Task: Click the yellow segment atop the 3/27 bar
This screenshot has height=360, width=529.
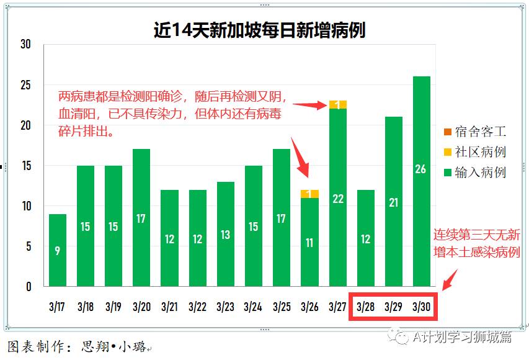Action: [337, 105]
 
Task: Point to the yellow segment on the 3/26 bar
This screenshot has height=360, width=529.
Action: [309, 194]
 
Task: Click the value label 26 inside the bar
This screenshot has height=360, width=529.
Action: [421, 169]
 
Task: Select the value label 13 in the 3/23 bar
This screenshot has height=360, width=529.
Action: [226, 235]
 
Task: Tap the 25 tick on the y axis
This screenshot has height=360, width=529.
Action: [25, 85]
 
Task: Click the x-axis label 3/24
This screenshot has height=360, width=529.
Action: [253, 307]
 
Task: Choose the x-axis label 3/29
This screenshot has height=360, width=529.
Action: [393, 307]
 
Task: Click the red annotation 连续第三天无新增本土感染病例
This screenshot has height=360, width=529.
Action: [476, 244]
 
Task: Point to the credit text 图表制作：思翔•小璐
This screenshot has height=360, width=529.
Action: [78, 346]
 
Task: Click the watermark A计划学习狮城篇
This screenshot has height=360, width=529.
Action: [456, 336]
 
